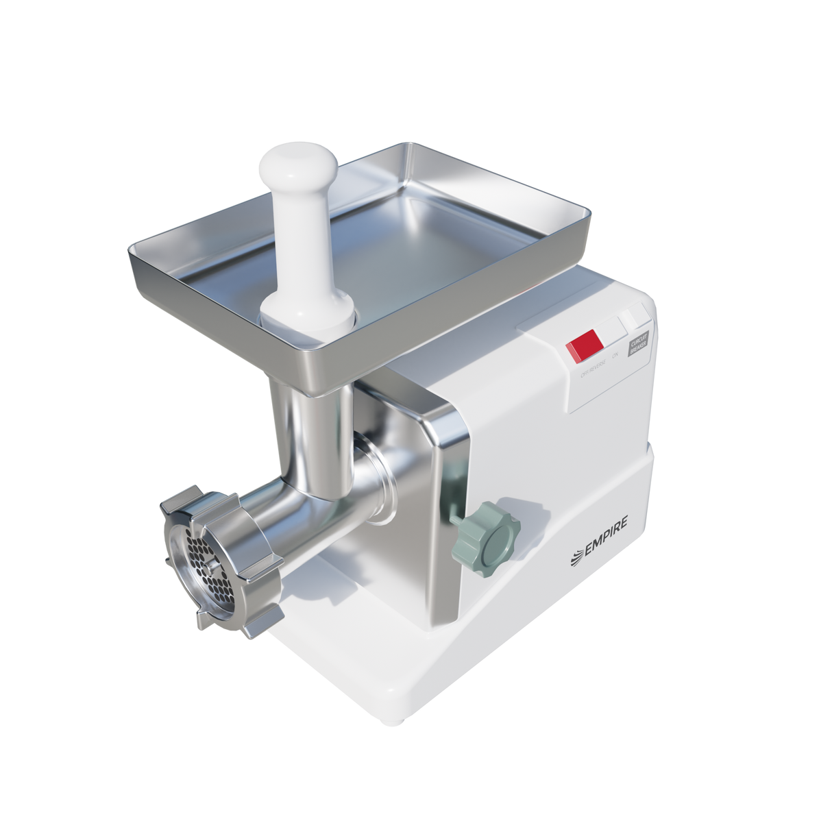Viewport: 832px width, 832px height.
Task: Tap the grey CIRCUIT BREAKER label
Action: pyautogui.click(x=637, y=343)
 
